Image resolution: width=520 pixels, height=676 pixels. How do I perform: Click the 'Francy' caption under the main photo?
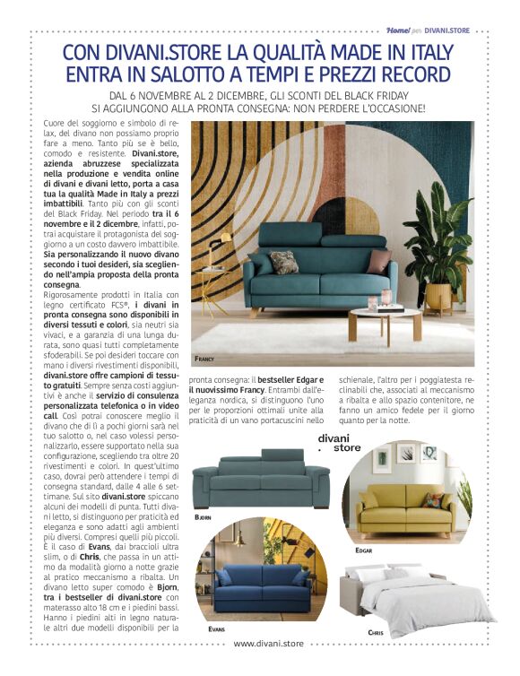[x=205, y=358]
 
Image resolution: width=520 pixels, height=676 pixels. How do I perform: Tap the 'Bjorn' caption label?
[x=205, y=518]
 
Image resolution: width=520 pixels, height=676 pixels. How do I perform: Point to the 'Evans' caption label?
[x=216, y=629]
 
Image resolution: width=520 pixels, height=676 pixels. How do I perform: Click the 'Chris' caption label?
[x=377, y=633]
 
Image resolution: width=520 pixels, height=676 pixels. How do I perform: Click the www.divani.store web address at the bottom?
[x=268, y=643]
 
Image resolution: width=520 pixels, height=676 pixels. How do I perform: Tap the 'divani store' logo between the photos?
[x=340, y=443]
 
